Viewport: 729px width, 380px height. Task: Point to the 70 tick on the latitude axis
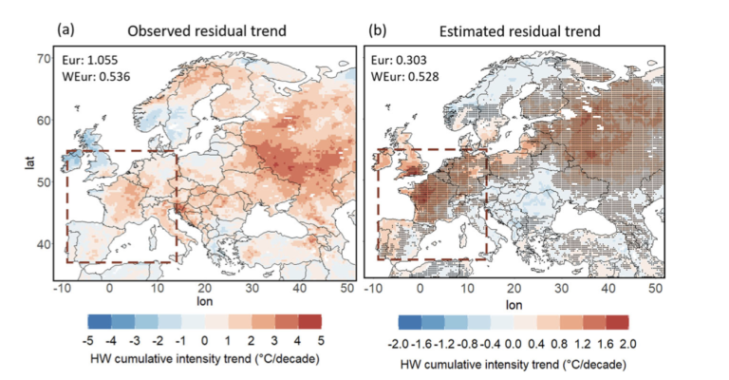tap(44, 59)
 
